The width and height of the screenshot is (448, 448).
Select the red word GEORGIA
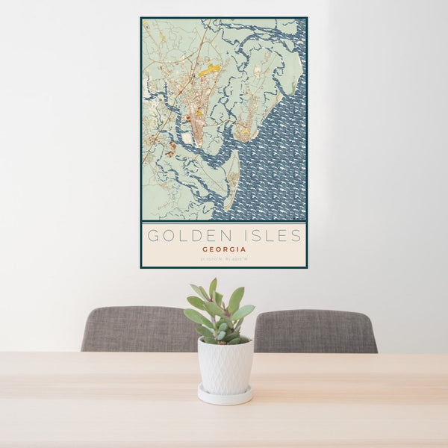pos(224,250)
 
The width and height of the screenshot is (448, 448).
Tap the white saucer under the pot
pos(225,396)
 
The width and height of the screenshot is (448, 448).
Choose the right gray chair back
pos(317,331)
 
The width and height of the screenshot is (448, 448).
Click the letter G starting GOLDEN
pos(153,236)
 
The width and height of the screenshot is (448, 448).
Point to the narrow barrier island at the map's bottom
pos(231,179)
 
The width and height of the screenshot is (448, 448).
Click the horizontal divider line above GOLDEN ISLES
pos(224,222)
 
